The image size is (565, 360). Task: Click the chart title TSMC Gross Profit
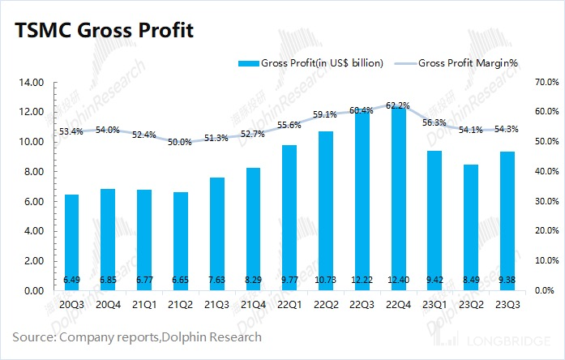tap(103, 32)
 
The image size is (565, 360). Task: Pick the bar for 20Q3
tap(71, 242)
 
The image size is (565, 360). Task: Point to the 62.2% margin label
tap(400, 105)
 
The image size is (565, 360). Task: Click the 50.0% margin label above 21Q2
tap(181, 142)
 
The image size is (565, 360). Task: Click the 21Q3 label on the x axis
tap(217, 305)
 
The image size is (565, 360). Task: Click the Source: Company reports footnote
tap(136, 336)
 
